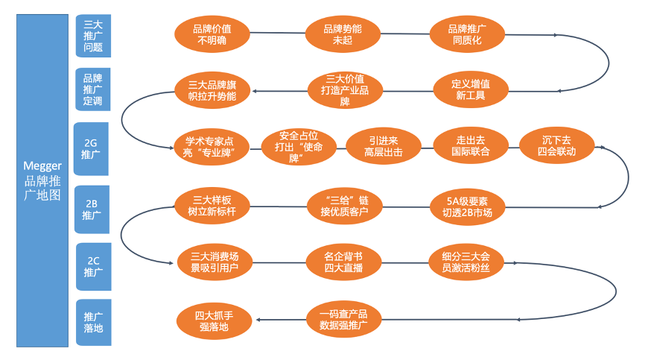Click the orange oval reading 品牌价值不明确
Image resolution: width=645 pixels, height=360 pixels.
click(212, 34)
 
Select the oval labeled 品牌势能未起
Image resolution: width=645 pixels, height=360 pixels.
click(343, 34)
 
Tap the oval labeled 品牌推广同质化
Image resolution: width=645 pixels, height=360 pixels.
click(468, 34)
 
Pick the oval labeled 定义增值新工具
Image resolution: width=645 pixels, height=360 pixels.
click(471, 89)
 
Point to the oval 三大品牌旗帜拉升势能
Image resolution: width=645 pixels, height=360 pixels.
click(212, 90)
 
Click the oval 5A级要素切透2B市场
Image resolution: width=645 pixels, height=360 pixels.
click(468, 206)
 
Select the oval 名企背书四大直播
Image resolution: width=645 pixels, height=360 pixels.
click(344, 262)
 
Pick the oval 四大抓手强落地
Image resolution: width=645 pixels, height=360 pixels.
click(213, 320)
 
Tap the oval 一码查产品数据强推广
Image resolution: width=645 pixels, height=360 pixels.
click(343, 320)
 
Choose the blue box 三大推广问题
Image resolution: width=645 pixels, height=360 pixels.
click(93, 37)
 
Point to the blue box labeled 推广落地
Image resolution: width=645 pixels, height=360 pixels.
click(93, 322)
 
